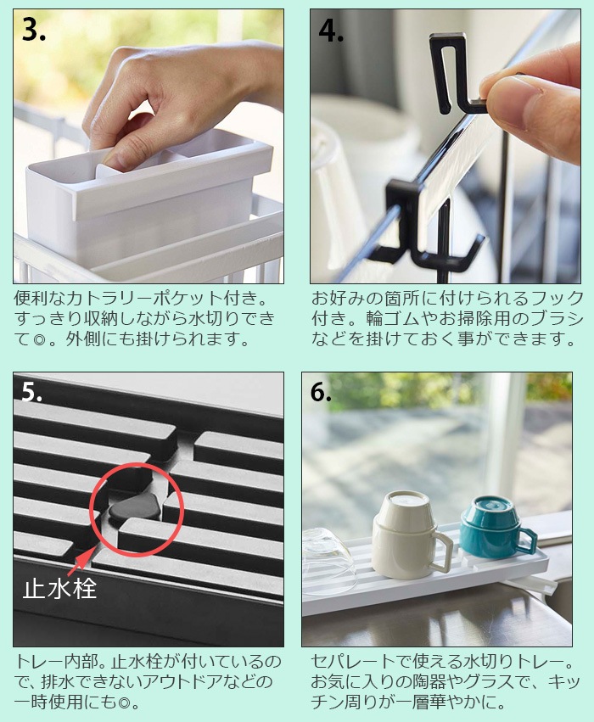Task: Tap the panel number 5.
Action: (33, 392)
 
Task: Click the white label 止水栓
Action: (59, 588)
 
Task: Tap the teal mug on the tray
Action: (492, 526)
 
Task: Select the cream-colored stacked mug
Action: (405, 535)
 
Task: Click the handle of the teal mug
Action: (527, 540)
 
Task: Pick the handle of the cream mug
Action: (441, 554)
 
